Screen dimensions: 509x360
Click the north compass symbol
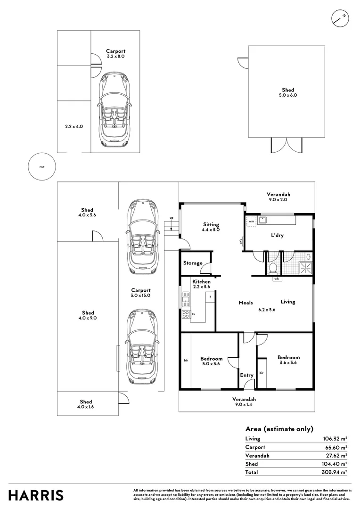pos(340,17)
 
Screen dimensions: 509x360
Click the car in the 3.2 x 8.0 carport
pos(114,109)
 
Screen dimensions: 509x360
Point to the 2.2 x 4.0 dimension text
pos(74,126)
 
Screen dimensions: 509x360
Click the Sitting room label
pos(211,227)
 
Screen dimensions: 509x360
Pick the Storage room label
pos(193,263)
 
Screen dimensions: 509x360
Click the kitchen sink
pos(185,298)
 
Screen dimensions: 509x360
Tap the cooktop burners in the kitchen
pos(185,314)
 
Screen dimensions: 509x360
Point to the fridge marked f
pos(210,297)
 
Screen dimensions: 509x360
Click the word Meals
pos(246,303)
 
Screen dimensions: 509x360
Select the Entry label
pos(246,375)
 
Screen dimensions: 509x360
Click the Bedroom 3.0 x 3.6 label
pos(211,361)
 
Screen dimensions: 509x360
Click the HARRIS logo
pos(36,495)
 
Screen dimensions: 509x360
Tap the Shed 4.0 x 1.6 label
pos(86,404)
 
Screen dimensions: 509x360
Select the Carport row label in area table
pos(255,447)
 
